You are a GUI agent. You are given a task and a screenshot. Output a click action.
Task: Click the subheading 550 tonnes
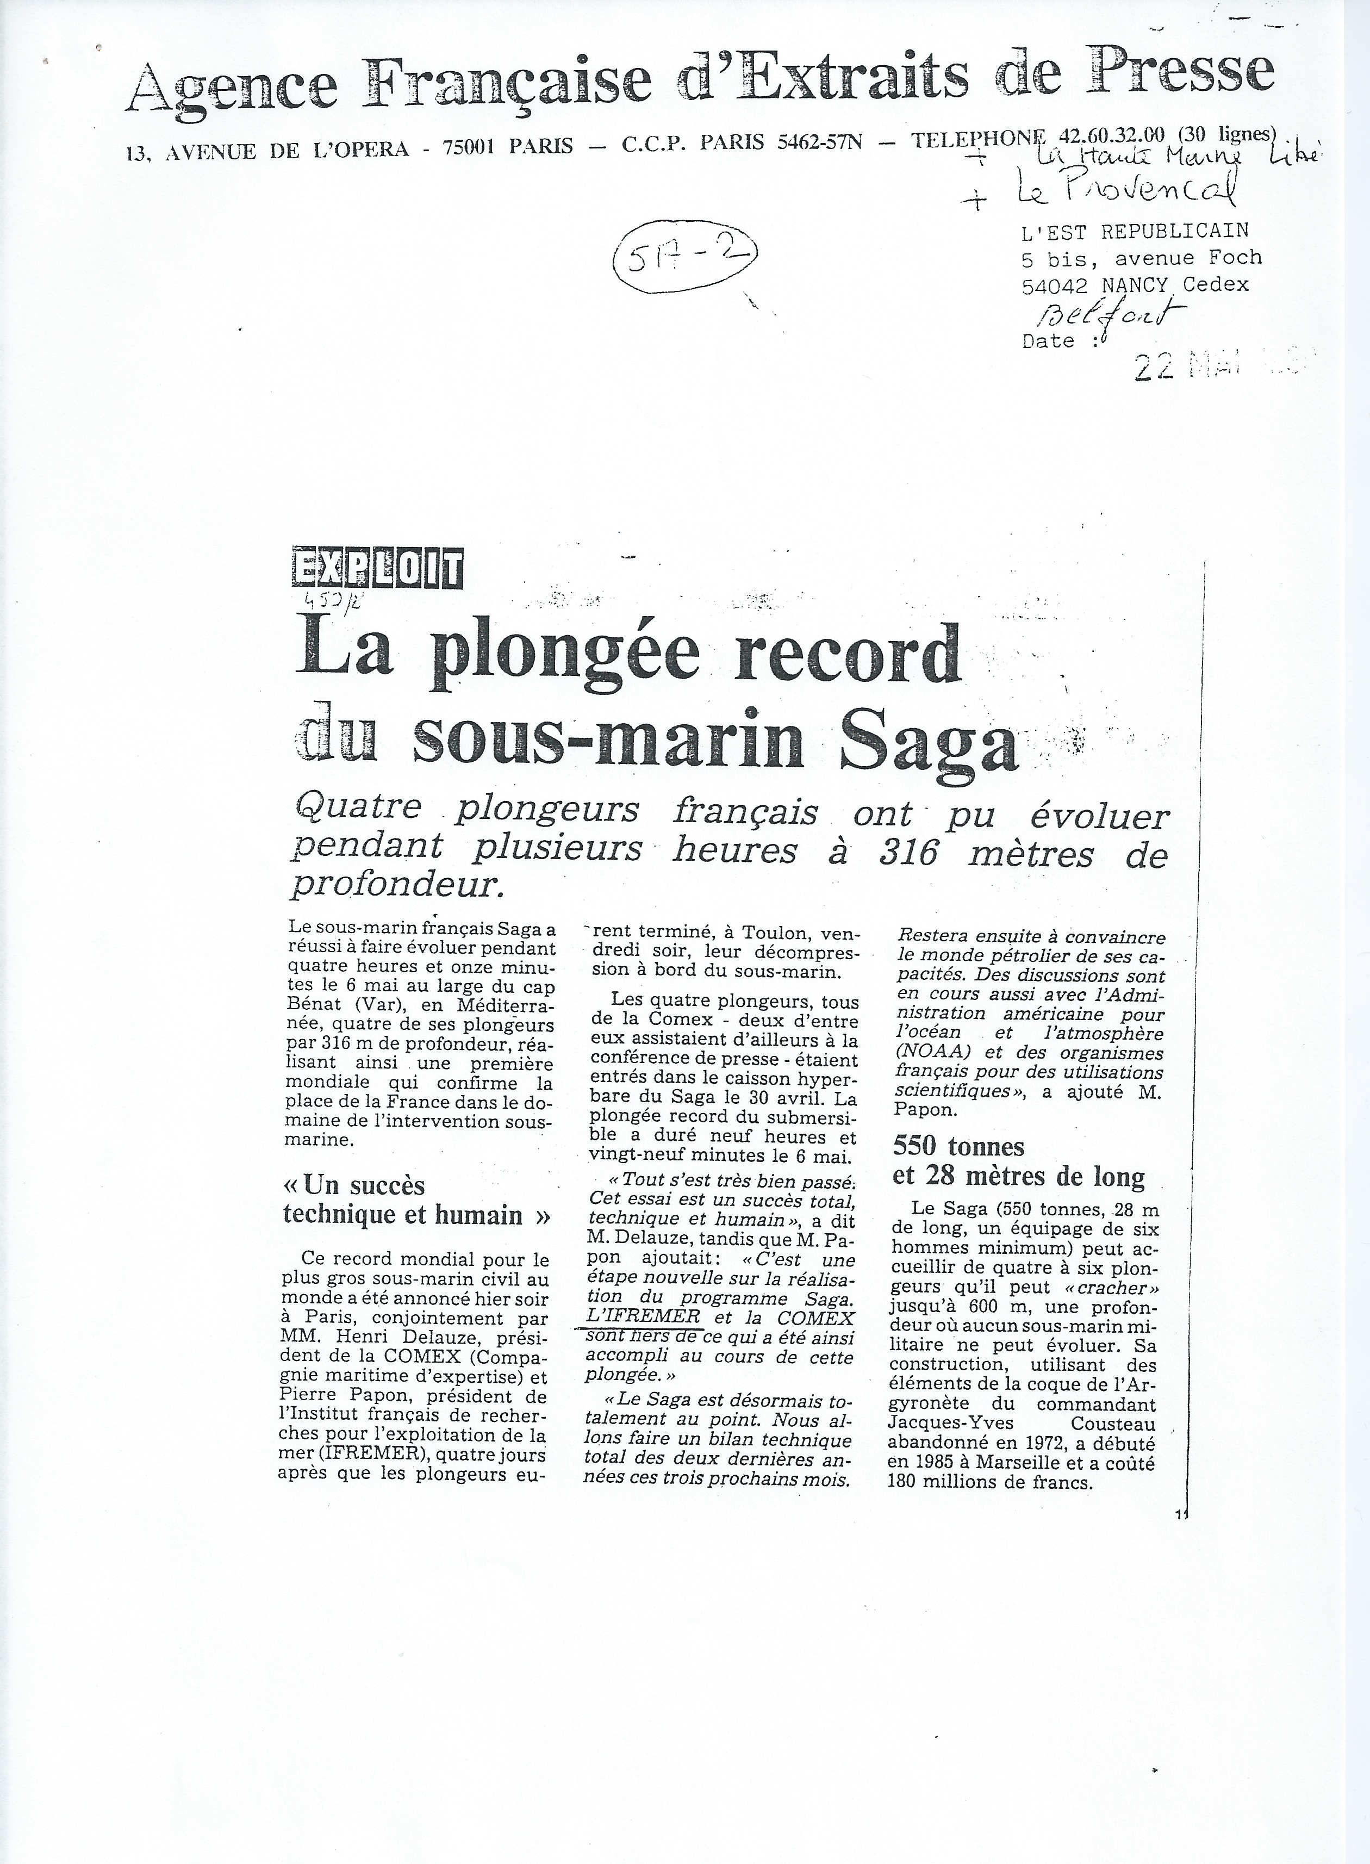click(x=958, y=1146)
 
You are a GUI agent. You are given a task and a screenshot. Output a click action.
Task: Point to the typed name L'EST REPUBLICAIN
click(x=1135, y=230)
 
